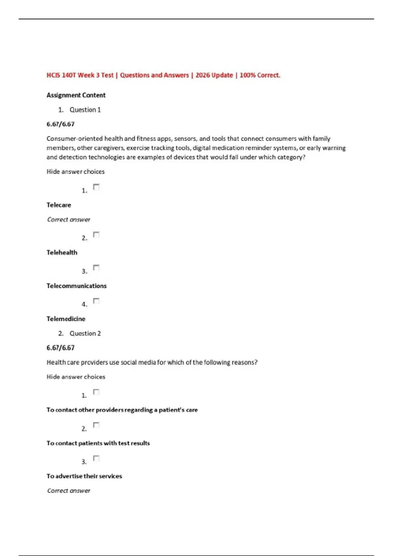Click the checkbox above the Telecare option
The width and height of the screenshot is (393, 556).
pyautogui.click(x=96, y=187)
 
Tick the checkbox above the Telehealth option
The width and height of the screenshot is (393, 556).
pyautogui.click(x=96, y=235)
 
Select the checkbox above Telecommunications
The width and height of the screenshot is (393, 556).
pyautogui.click(x=96, y=268)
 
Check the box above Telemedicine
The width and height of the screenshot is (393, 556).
pyautogui.click(x=96, y=301)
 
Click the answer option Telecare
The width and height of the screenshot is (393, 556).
pyautogui.click(x=59, y=205)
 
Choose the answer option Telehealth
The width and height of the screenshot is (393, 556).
pyautogui.click(x=62, y=252)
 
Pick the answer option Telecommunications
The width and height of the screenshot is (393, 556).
pyautogui.click(x=76, y=286)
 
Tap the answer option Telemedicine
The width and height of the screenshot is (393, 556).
pyautogui.click(x=66, y=319)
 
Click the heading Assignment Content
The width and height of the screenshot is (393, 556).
pyautogui.click(x=76, y=95)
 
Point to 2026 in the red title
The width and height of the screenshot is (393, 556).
pyautogui.click(x=203, y=75)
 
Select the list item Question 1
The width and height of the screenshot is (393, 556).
pyautogui.click(x=85, y=110)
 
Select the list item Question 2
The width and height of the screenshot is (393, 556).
pyautogui.click(x=85, y=334)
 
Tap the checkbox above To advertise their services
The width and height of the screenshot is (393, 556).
pyautogui.click(x=96, y=458)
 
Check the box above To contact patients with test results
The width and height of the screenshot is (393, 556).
pyautogui.click(x=96, y=425)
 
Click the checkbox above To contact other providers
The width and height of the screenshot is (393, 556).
pyautogui.click(x=96, y=392)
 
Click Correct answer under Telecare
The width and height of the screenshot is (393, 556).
pyautogui.click(x=68, y=219)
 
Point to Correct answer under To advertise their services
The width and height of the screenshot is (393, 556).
pyautogui.click(x=68, y=491)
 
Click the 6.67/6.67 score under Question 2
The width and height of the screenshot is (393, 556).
pyautogui.click(x=60, y=348)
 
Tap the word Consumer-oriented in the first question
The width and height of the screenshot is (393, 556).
pyautogui.click(x=74, y=139)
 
